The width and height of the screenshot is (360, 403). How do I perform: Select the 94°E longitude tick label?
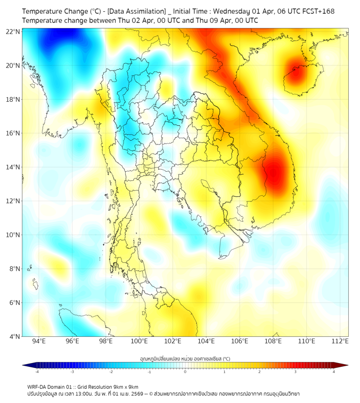coord(39,341)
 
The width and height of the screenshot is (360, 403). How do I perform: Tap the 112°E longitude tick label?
coord(340,341)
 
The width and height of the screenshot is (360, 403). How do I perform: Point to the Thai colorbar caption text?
coord(185,358)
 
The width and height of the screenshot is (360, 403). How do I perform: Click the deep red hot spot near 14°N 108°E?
coord(275,172)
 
